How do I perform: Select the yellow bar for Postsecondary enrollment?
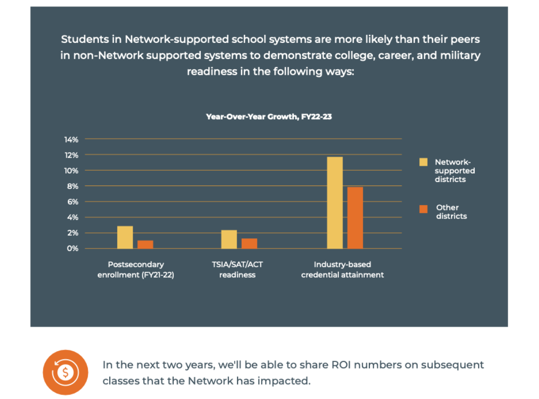(125, 237)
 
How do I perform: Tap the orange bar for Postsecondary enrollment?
(145, 244)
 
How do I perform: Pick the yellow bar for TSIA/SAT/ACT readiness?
(229, 239)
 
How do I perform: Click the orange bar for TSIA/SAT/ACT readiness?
(249, 243)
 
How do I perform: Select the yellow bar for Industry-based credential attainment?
(334, 203)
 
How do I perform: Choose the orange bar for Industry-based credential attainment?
(355, 218)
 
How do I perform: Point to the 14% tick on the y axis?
(71, 140)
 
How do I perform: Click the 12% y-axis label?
(71, 155)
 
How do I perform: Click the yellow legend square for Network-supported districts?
(423, 162)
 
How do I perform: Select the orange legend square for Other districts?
(423, 208)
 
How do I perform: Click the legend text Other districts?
(451, 212)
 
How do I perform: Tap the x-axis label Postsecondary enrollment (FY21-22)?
(135, 269)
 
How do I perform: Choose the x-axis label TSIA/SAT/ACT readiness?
(238, 269)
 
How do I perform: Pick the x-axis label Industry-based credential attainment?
(342, 269)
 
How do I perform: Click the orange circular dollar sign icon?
(65, 372)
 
